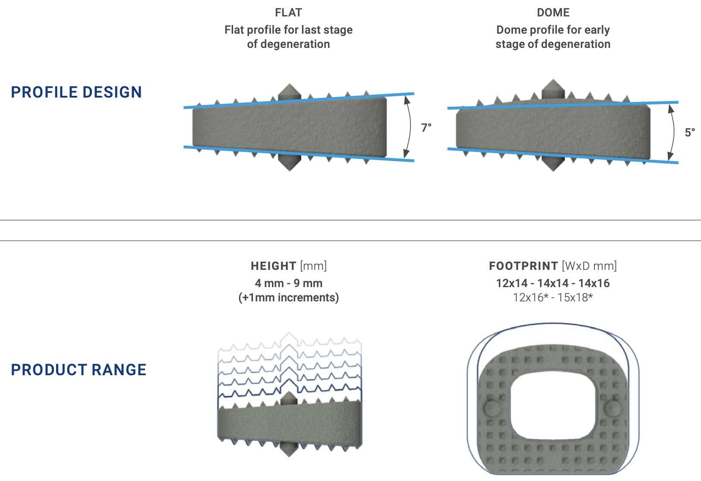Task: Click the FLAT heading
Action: point(288,13)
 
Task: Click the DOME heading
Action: point(553,13)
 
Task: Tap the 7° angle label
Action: point(426,128)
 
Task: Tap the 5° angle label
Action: point(690,133)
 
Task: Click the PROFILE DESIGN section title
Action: point(76,92)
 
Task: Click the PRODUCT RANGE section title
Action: point(79,370)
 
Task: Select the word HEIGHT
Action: point(273,266)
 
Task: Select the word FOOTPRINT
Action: point(523,266)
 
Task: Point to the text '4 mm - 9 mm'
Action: point(288,283)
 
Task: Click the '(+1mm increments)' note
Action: point(288,297)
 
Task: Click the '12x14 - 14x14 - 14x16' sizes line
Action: point(553,283)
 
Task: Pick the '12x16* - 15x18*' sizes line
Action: point(553,297)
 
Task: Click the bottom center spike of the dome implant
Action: point(553,164)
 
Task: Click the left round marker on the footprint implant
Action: point(493,407)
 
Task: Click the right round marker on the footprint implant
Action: point(612,407)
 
